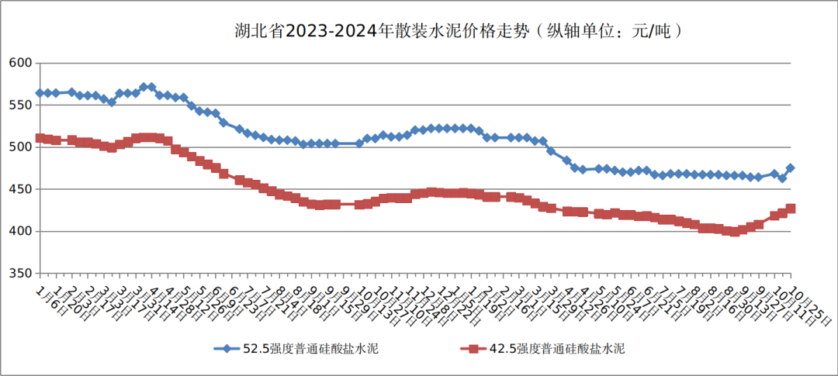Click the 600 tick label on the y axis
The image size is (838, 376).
coord(19,63)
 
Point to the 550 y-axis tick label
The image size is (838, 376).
coord(19,105)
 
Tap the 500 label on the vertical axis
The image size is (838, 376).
coord(19,147)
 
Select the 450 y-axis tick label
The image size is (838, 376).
coord(19,189)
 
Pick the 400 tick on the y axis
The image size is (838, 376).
coord(19,231)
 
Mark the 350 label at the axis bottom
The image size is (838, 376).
coord(19,274)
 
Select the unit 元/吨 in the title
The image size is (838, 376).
coord(651,31)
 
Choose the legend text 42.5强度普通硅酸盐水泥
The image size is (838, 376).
coord(557,349)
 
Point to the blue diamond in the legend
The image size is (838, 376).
coord(227,349)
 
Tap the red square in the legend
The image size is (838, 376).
coord(470,349)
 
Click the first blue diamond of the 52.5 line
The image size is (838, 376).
coord(40,93)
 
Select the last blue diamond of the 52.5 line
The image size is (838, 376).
coord(791,167)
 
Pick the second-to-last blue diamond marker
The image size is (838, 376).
coord(782,178)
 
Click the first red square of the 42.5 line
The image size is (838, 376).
coord(40,138)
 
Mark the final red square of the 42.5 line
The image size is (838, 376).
coord(791,209)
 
